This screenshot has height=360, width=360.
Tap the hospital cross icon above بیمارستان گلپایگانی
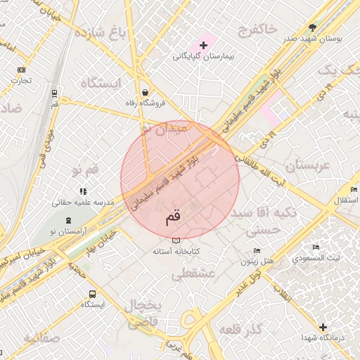203,45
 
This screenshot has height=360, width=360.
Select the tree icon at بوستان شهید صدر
312,28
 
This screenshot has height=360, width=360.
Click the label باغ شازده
100,33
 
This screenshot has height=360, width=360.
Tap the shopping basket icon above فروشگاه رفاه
144,92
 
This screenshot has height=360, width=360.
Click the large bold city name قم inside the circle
173,217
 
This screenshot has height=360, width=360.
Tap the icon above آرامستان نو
68,221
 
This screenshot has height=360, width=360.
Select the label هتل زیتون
257,262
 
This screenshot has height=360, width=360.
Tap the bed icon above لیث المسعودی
316,247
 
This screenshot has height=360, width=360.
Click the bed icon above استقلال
354,191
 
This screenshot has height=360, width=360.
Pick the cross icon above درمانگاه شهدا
323,327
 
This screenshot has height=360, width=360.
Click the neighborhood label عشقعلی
198,274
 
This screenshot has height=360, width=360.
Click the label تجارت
21,80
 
